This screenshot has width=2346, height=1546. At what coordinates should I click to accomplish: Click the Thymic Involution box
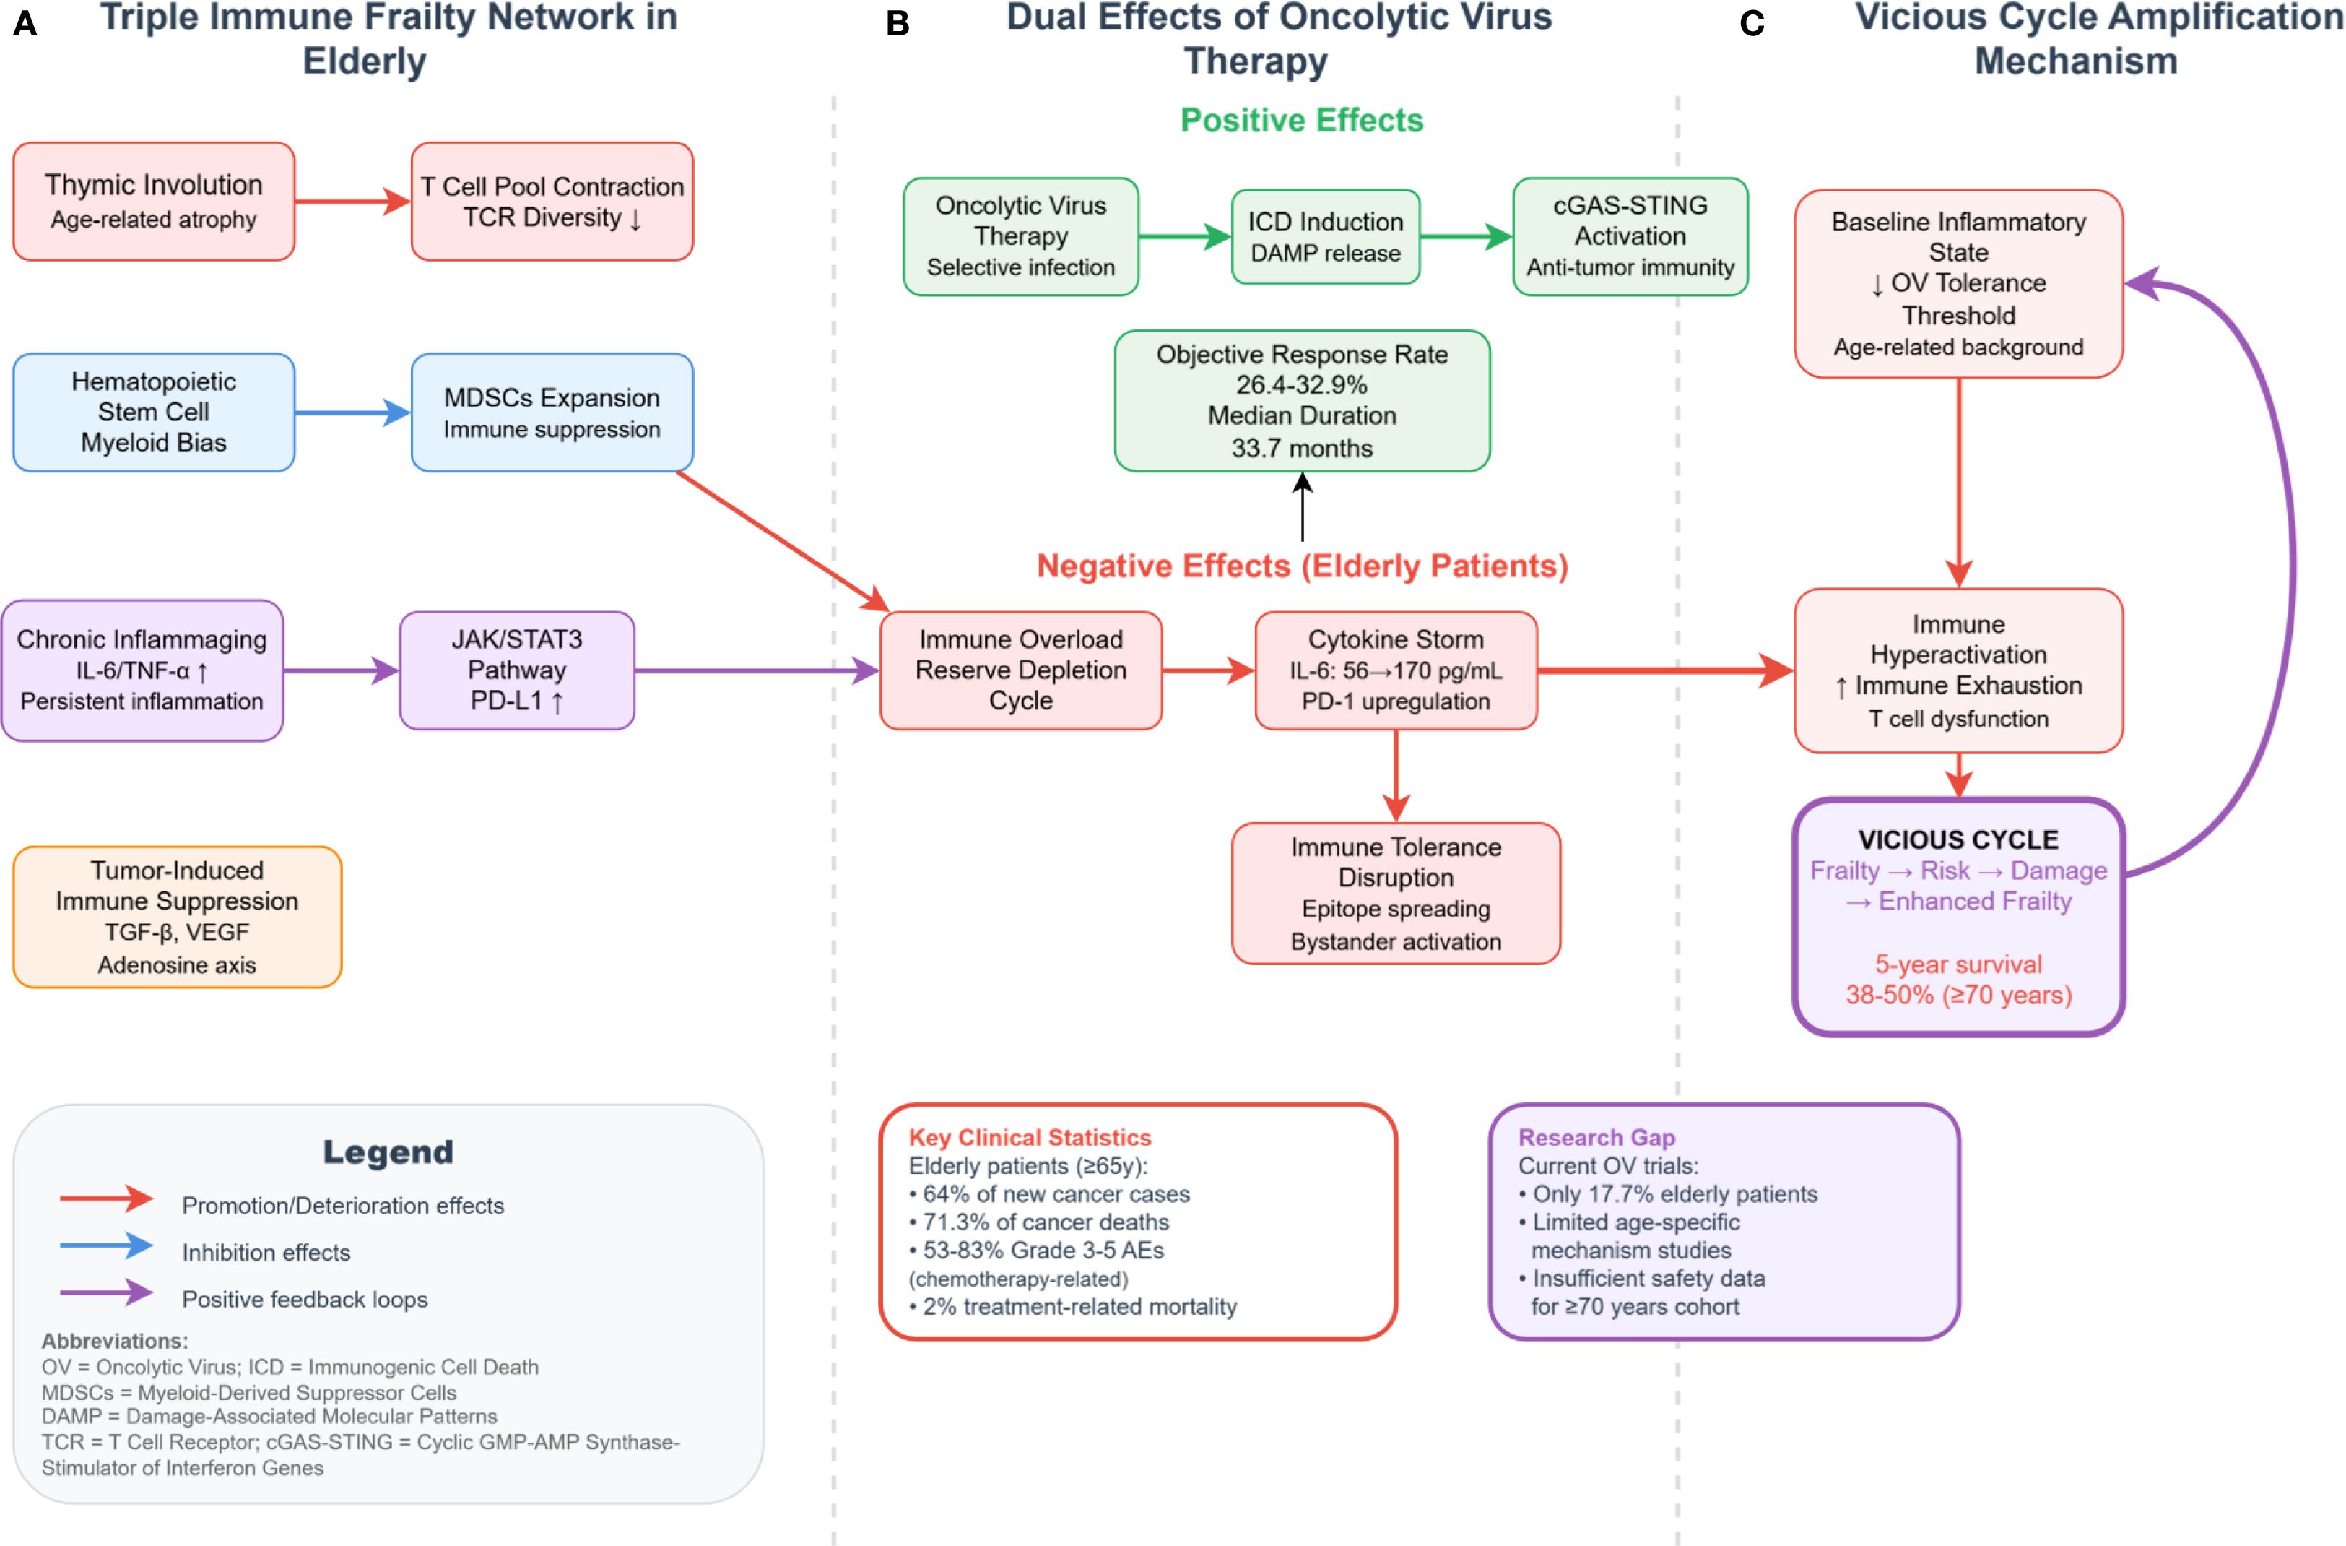(154, 201)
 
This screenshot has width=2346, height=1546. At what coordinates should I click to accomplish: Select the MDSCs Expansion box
(552, 412)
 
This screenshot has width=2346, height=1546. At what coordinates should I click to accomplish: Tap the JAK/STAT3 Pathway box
(516, 670)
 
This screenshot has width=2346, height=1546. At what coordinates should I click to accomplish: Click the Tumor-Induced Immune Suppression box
(178, 917)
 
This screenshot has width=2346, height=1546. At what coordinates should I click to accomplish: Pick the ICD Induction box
(1325, 237)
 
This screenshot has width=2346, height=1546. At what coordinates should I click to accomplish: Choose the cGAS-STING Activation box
(1630, 237)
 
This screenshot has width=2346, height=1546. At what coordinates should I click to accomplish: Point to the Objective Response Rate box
(1301, 400)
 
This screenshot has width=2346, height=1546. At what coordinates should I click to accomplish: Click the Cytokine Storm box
(1395, 670)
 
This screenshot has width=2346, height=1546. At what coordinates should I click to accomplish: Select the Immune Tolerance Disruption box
(1395, 894)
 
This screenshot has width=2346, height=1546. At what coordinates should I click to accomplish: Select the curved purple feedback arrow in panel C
(2292, 572)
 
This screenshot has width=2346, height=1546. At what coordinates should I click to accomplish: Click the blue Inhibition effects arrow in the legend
(106, 1245)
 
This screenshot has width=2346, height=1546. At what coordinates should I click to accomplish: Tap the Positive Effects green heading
(1301, 121)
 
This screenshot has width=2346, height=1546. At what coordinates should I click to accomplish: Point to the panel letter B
(897, 24)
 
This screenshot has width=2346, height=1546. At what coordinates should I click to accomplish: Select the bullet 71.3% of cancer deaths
(1045, 1222)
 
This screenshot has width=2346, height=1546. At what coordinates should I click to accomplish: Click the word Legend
(388, 1152)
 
